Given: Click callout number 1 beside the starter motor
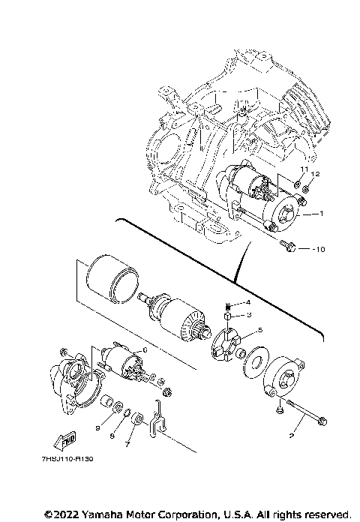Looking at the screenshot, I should coord(323,214).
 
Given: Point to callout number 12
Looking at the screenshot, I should coord(316,174).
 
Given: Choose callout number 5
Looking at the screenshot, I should coord(259,330).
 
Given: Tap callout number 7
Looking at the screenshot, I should coord(128,443).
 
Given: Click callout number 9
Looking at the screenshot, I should coord(97,427).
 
